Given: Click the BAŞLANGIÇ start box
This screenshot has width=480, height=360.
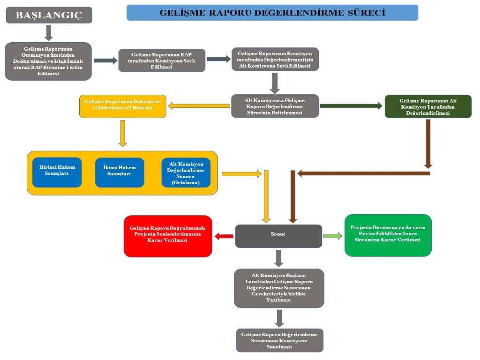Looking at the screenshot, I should coord(49,15).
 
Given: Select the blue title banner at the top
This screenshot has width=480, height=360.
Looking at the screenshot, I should coord(272,13).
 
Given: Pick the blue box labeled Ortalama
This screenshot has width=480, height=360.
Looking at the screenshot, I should coord(186,172).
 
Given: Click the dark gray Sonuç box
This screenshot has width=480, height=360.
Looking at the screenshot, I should coord(278,236).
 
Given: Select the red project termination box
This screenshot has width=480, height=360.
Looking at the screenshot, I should coord(168,236).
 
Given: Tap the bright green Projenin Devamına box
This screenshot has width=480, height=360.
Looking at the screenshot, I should coord(388,235).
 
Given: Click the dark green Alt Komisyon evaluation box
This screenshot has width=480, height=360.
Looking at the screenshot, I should coord(428,106).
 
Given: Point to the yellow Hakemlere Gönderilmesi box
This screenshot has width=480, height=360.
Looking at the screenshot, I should coord(123,106).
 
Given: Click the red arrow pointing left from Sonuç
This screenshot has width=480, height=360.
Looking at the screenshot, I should coord(224,236).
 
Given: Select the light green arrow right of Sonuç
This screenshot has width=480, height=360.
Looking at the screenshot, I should coord(333,236).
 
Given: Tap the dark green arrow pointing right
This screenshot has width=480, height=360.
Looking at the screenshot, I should coord(351,106).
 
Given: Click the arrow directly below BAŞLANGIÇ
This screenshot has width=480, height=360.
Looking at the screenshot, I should coord(49,32).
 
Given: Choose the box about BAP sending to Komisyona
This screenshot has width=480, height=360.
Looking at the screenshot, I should coord(162,60).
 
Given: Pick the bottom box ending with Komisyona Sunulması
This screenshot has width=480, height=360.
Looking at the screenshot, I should coord(279,340).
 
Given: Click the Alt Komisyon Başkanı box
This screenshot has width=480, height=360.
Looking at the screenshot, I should coord(279,288).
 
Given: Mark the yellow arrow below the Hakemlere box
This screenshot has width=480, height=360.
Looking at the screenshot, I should coord(123,133).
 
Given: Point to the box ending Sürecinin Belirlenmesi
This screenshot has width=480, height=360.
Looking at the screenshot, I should coord(275,106).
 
